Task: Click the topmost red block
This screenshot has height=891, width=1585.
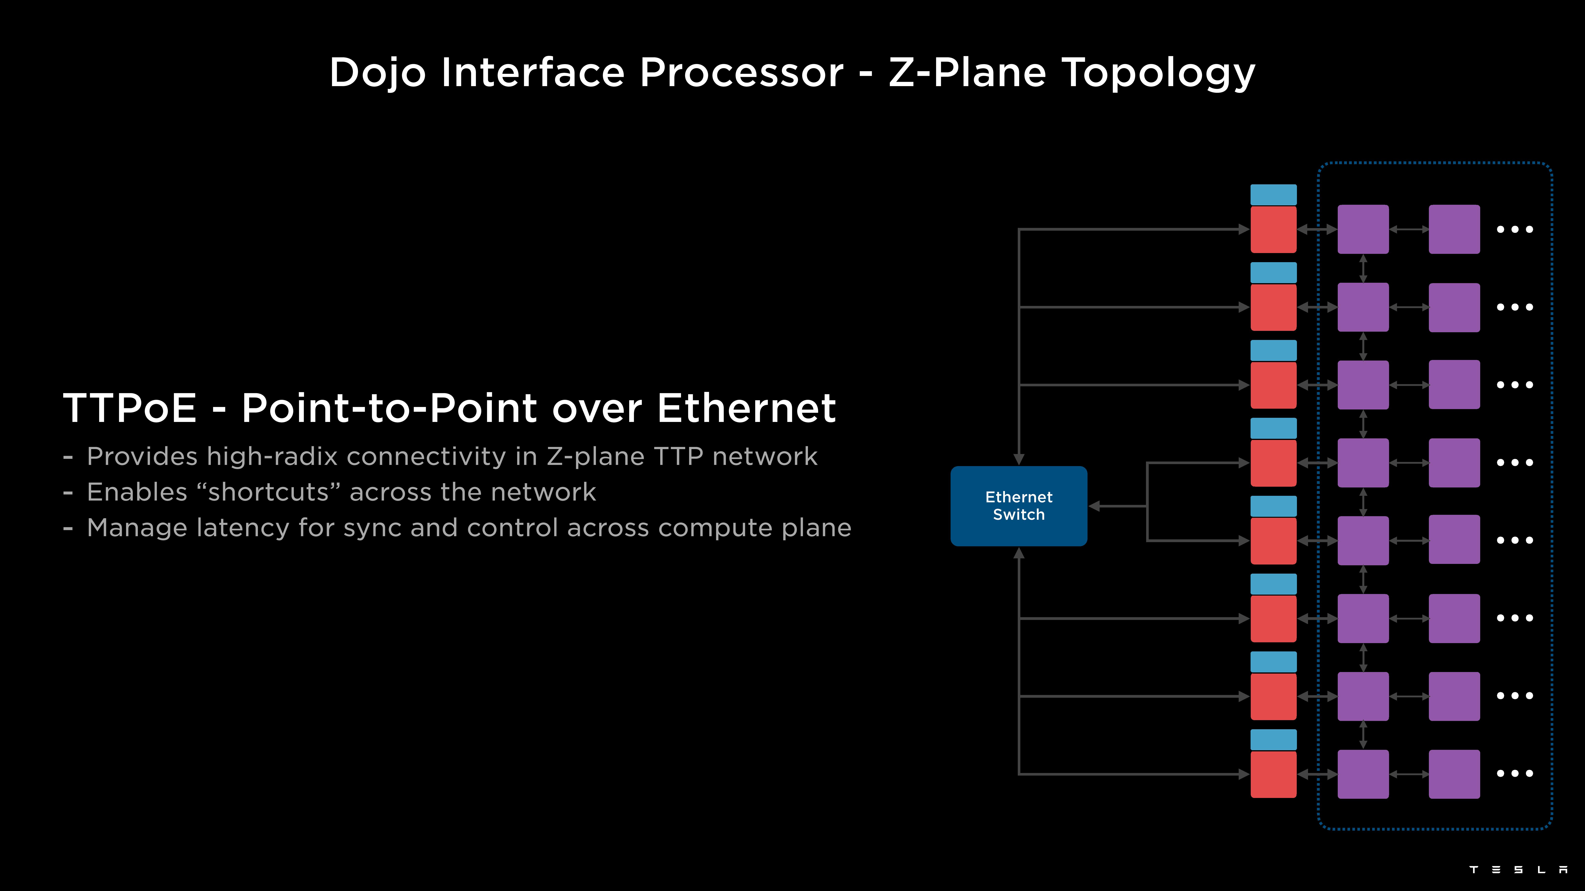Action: coord(1273,229)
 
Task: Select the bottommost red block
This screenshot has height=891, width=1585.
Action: coord(1273,774)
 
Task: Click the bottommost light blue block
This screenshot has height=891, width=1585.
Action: coord(1273,740)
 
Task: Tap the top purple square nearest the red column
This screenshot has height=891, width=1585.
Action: coord(1363,229)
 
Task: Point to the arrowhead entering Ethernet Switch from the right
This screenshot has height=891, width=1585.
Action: coord(1095,506)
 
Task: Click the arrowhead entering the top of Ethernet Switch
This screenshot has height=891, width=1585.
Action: coord(1019,459)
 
